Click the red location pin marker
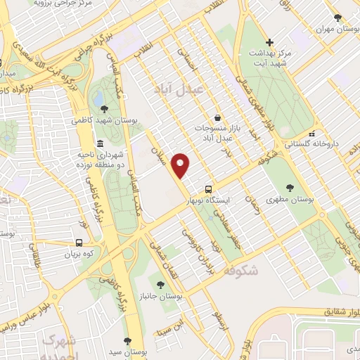tap(181, 165)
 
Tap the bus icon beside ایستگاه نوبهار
tap(207, 190)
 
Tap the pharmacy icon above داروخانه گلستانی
tap(311, 132)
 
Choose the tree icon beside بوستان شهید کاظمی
tap(103, 108)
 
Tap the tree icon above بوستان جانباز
tap(162, 285)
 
